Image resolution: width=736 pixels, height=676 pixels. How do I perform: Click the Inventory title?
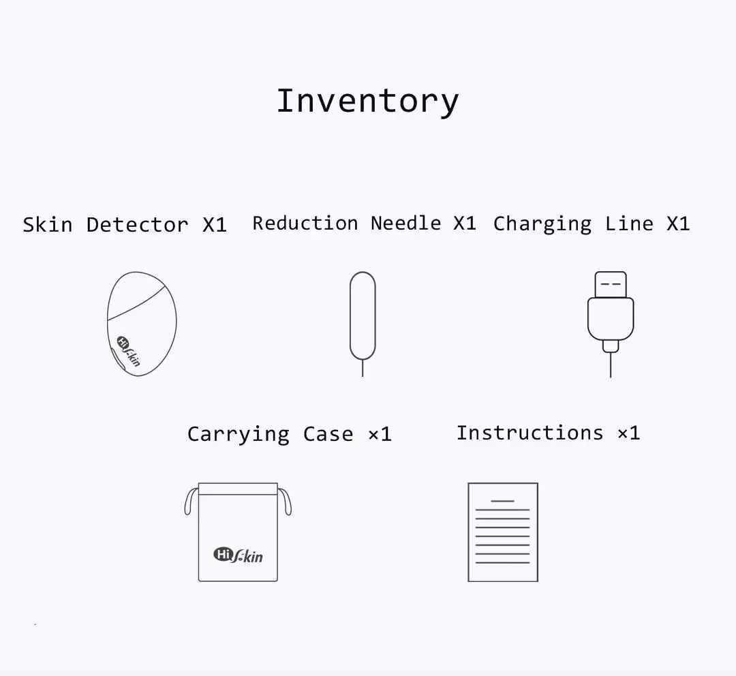[367, 101]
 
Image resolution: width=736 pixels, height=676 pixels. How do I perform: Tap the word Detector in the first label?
[137, 225]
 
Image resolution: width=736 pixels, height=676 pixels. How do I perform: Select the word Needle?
[406, 223]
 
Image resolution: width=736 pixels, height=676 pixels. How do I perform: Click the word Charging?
[542, 224]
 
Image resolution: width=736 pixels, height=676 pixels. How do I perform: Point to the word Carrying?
[239, 435]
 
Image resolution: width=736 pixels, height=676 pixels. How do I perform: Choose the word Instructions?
[530, 433]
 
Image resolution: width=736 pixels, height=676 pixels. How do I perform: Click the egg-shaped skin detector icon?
[142, 324]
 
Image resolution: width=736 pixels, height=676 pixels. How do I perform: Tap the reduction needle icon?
[363, 324]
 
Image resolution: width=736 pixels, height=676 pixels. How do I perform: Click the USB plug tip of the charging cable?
[610, 284]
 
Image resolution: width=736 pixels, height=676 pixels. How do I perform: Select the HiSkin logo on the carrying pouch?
[238, 555]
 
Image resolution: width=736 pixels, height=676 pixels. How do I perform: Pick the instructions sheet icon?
[503, 532]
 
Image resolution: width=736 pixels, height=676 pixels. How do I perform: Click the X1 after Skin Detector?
[215, 225]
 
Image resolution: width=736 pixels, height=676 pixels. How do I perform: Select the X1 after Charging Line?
[678, 224]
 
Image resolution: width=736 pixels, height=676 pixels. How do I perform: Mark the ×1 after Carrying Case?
[380, 435]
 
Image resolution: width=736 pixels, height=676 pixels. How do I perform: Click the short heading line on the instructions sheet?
[503, 501]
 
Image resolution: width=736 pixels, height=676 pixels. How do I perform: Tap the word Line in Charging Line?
[629, 224]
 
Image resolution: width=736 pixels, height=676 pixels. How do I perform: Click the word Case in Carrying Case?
[328, 435]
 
